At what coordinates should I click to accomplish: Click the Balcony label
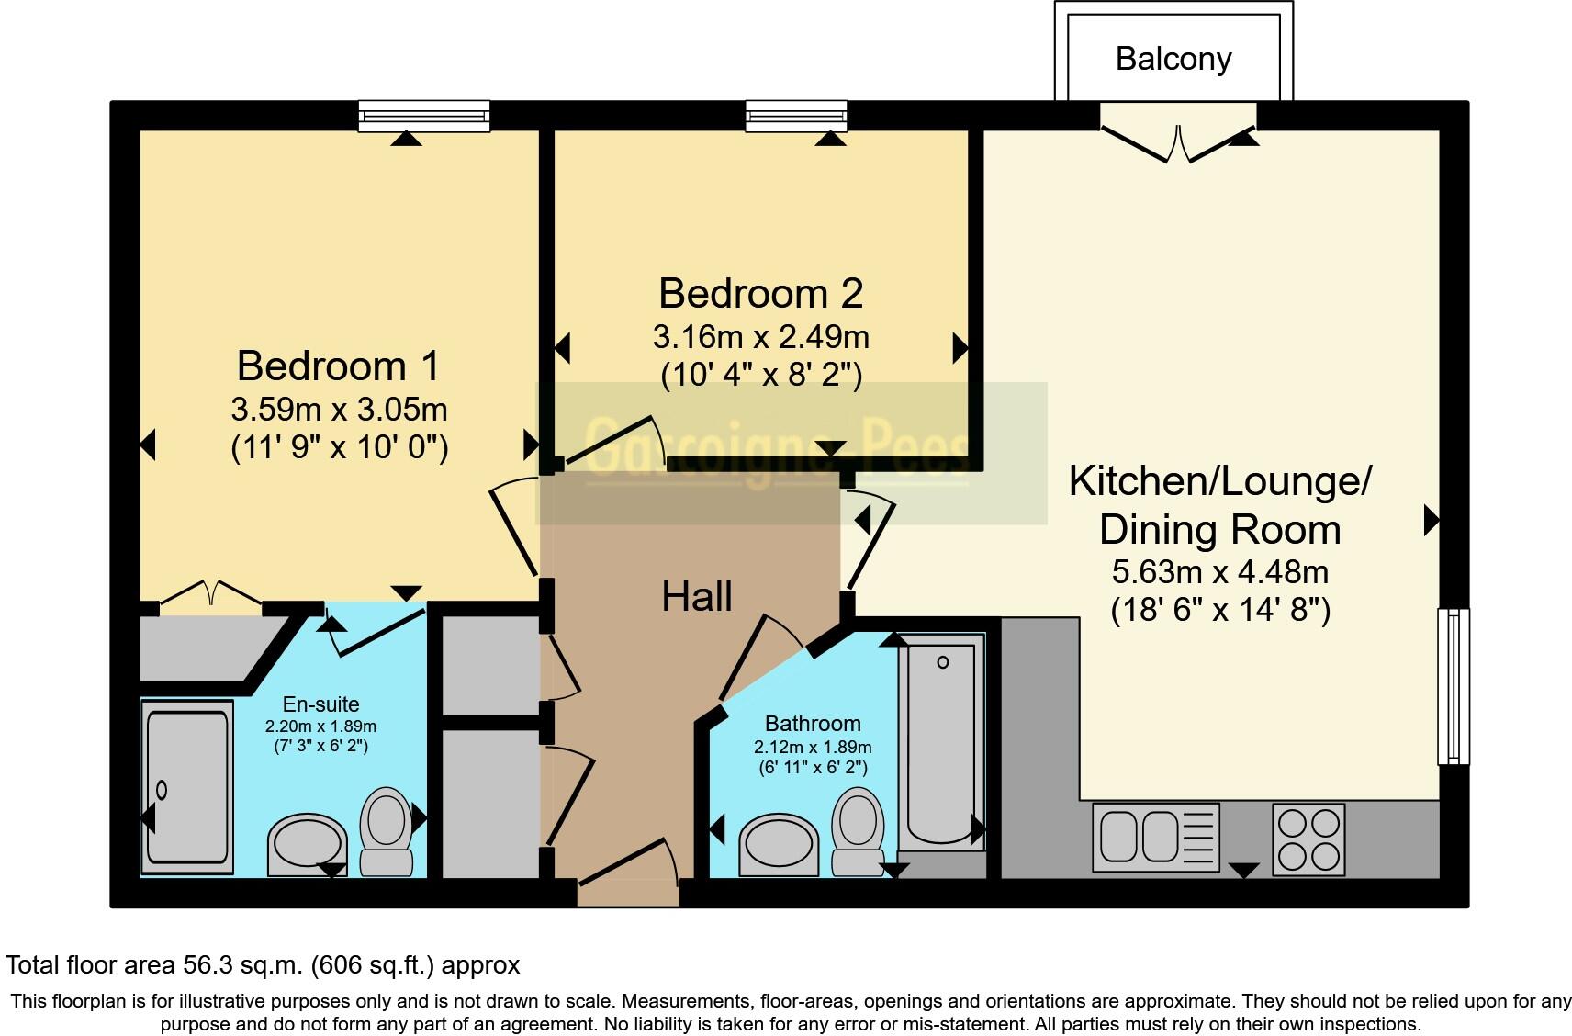point(1173,59)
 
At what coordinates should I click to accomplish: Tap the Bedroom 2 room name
point(760,294)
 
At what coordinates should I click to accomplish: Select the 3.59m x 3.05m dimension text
point(340,408)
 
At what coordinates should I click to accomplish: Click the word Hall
point(697,597)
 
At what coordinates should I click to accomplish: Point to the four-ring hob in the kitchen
point(1308,839)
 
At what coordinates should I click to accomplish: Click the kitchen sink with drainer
point(1155,838)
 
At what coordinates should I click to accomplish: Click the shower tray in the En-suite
point(186,785)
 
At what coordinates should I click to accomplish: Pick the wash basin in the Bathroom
point(780,843)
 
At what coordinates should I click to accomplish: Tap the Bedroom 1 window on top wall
point(424,116)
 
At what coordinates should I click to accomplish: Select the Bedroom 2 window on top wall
point(796,116)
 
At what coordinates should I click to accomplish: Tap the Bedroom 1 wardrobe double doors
point(211,597)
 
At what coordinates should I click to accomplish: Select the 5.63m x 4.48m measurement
point(1219,572)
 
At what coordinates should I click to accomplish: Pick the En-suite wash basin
point(307,843)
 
